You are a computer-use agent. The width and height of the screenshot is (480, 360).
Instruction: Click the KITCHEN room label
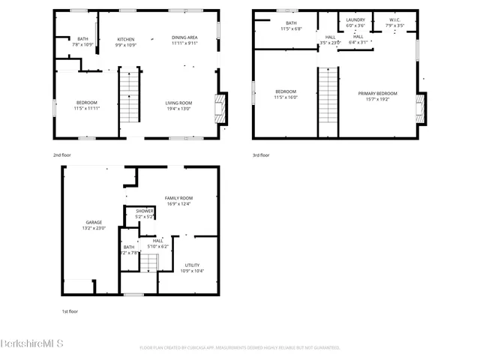coord(125,38)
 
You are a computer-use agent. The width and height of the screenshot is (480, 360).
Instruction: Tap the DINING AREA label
coord(184,38)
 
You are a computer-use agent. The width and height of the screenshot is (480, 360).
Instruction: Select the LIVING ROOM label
coord(178,103)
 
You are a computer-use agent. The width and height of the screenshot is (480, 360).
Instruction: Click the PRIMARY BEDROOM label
coord(381,93)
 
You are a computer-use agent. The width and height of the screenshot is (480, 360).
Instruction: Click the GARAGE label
coord(93,223)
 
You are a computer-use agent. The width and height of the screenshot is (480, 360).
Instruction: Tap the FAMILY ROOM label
coord(178,198)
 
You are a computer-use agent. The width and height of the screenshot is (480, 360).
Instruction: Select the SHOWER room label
coord(145,211)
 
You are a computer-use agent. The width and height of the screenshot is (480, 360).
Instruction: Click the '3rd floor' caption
coord(262,155)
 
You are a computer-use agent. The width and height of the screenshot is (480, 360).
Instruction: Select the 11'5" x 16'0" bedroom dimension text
coord(286,97)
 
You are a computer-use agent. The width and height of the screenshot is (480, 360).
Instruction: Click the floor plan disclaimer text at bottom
coord(240,348)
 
